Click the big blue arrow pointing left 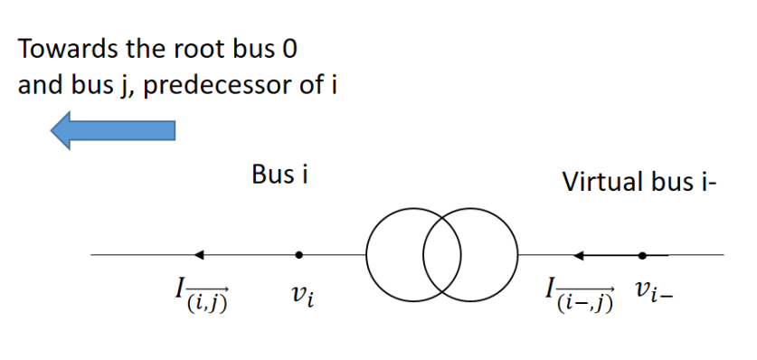112,131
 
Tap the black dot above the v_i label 299,255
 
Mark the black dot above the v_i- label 642,255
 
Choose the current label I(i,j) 202,295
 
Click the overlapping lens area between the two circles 441,254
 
